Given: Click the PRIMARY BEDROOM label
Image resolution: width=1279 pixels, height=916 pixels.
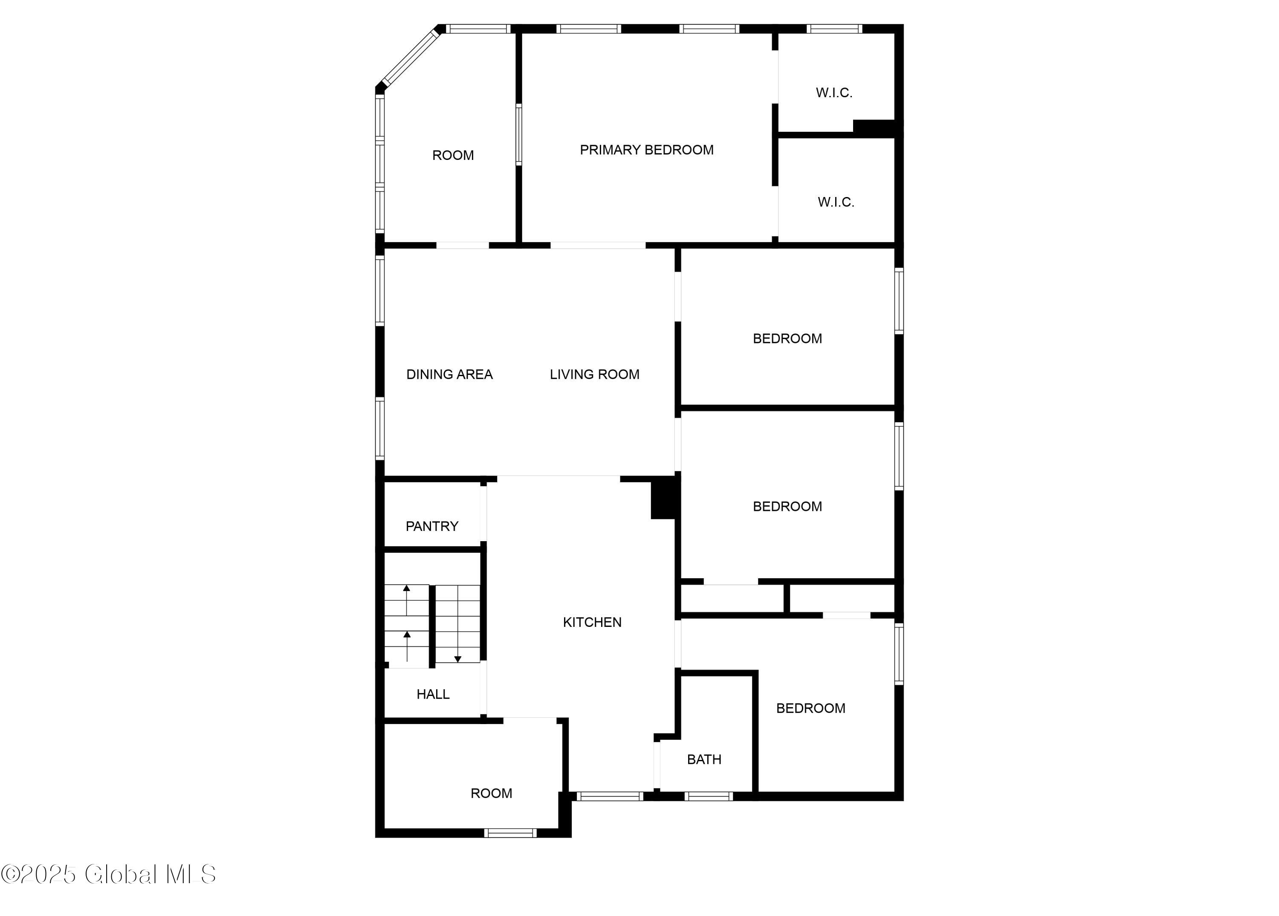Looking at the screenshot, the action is pyautogui.click(x=647, y=150).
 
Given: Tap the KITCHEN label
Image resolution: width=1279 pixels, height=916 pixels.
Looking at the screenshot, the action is pyautogui.click(x=592, y=622).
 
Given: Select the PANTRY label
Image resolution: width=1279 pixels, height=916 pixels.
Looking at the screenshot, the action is pyautogui.click(x=432, y=526).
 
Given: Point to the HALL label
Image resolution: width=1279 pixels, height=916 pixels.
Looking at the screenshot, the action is pyautogui.click(x=433, y=694).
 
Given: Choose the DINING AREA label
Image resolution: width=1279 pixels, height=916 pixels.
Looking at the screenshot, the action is pyautogui.click(x=449, y=374).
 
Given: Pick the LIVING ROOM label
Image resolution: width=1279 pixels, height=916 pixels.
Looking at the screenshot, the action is pyautogui.click(x=594, y=374).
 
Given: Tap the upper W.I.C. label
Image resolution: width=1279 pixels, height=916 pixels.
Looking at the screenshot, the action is pyautogui.click(x=834, y=93).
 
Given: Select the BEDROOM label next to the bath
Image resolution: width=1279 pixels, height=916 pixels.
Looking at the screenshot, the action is pyautogui.click(x=811, y=708).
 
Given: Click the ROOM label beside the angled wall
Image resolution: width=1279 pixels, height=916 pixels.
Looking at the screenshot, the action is pyautogui.click(x=453, y=156).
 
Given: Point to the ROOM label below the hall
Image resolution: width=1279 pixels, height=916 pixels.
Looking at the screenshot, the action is pyautogui.click(x=491, y=794).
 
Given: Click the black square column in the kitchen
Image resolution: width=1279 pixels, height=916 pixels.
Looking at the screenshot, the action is pyautogui.click(x=664, y=498).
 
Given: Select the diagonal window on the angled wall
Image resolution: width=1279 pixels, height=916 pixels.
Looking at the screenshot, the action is pyautogui.click(x=411, y=58).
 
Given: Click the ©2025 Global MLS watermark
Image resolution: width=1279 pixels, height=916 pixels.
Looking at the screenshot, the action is pyautogui.click(x=108, y=874).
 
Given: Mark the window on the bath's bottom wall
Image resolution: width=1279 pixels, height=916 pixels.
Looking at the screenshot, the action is pyautogui.click(x=709, y=797).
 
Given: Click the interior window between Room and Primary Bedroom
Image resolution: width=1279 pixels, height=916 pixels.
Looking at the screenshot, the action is pyautogui.click(x=519, y=134).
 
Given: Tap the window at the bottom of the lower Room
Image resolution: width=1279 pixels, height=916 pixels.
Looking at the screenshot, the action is pyautogui.click(x=511, y=833).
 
